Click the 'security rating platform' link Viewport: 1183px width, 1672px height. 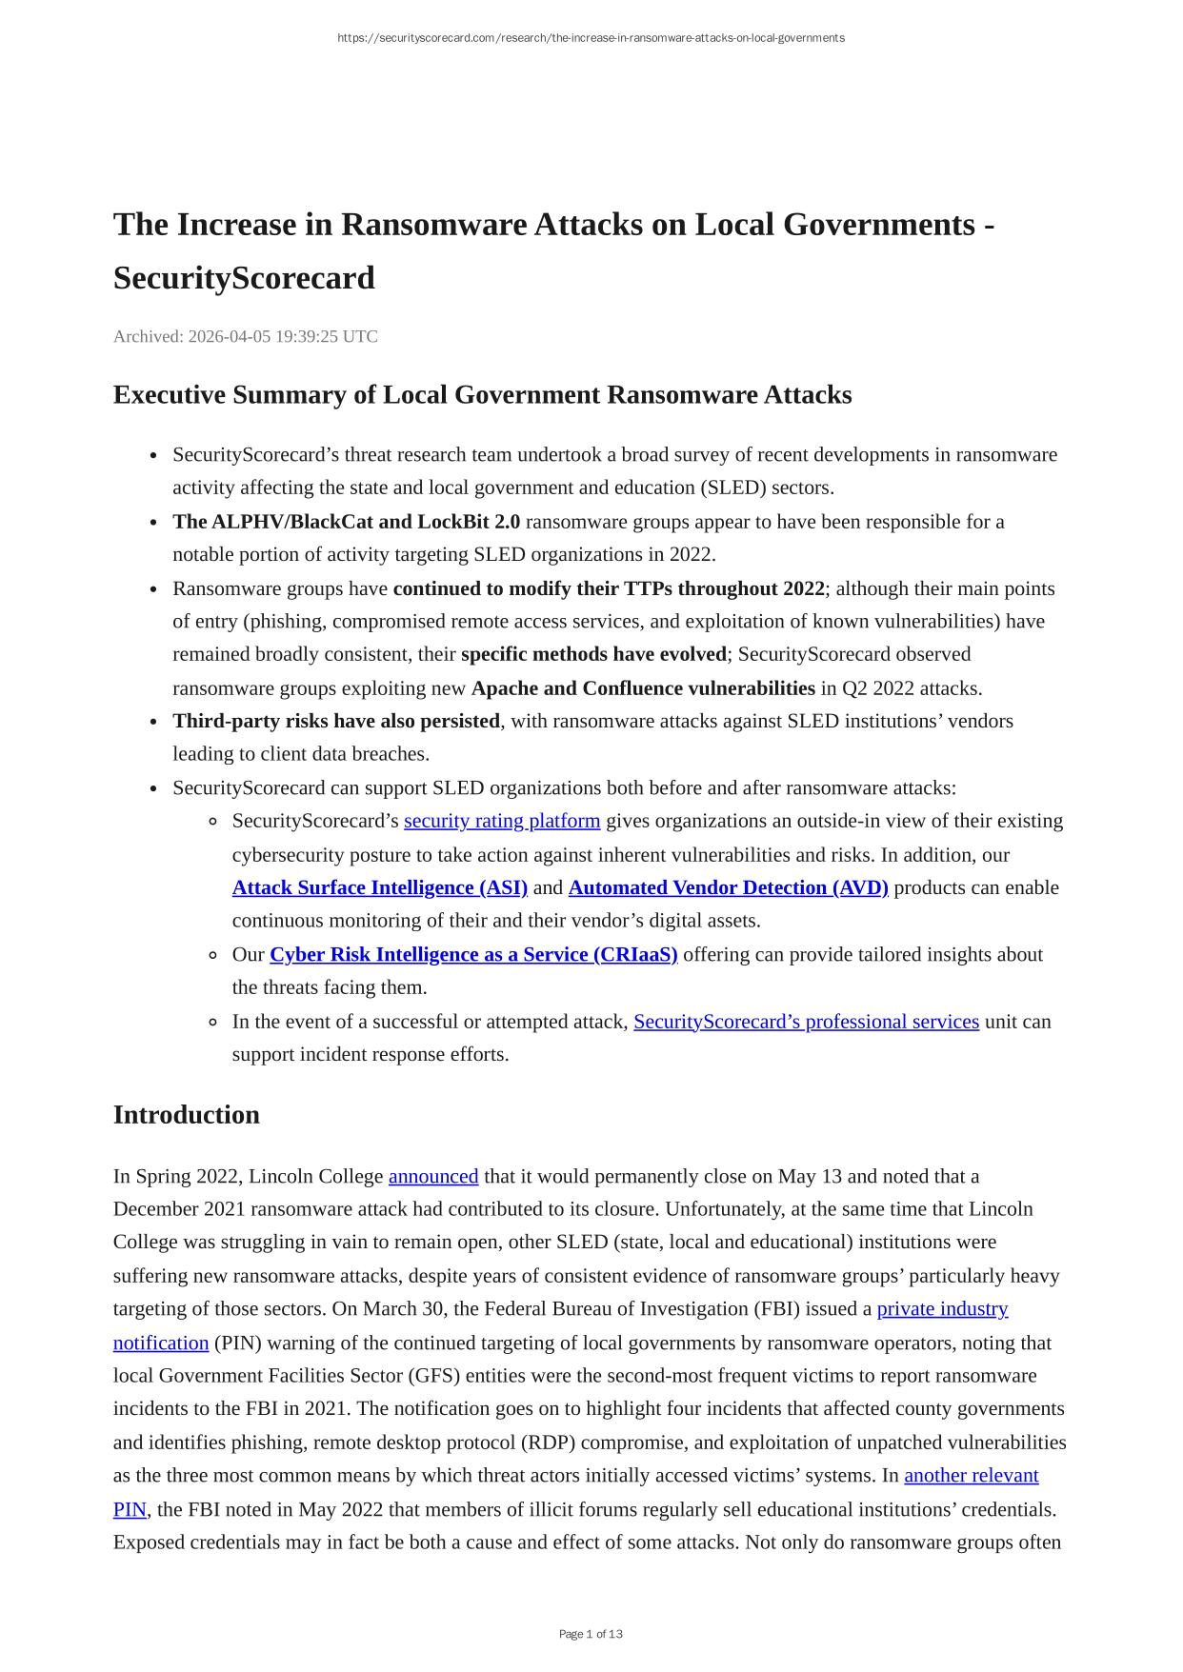tap(502, 821)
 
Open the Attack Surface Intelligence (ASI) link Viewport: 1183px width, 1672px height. tap(379, 887)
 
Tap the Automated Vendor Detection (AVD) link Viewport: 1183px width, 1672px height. tap(728, 887)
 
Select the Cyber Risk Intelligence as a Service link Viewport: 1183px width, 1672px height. tap(473, 954)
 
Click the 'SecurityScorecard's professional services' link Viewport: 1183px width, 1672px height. tap(806, 1022)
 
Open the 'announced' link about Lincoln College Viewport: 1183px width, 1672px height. tap(433, 1176)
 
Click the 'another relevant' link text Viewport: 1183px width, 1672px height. tap(971, 1475)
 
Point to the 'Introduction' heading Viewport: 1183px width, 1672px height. tap(187, 1115)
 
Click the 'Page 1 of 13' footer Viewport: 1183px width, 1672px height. tap(591, 1634)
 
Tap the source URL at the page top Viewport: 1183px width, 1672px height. tap(591, 38)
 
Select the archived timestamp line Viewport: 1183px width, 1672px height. tap(246, 336)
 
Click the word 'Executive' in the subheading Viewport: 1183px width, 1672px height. tap(170, 395)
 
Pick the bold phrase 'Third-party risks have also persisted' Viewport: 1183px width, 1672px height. tap(336, 721)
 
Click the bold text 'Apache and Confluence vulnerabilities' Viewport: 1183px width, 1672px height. tap(643, 687)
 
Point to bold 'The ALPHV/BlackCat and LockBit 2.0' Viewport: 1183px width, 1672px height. tap(346, 522)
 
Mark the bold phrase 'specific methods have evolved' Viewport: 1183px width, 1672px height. tap(592, 654)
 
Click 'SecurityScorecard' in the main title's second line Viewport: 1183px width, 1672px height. tap(244, 278)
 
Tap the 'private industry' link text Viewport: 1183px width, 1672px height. tap(942, 1309)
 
